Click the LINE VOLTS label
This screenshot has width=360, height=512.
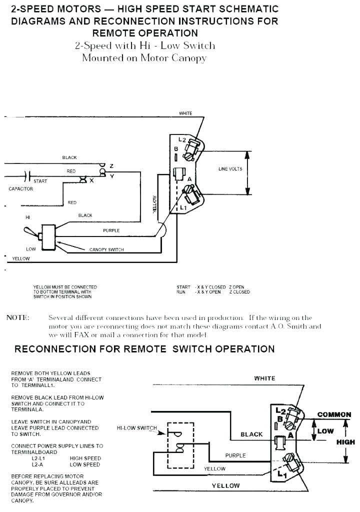(230, 169)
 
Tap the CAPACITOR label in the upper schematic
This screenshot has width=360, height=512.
(21, 189)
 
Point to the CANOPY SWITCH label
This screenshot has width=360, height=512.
(106, 249)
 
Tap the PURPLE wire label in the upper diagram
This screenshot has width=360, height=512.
(111, 231)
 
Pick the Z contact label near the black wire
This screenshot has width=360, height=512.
(111, 165)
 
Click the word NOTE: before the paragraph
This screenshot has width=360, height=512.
(17, 318)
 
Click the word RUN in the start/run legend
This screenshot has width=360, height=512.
(181, 292)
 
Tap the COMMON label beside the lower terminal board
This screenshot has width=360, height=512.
(334, 414)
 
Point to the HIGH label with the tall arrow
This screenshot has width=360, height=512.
(345, 442)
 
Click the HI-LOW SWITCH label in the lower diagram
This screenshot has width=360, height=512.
(136, 428)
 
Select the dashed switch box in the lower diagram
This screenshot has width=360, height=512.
(180, 444)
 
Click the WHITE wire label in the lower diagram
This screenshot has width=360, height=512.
(264, 378)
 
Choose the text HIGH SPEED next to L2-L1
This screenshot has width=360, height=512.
(85, 458)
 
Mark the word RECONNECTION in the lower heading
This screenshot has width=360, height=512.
(54, 348)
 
